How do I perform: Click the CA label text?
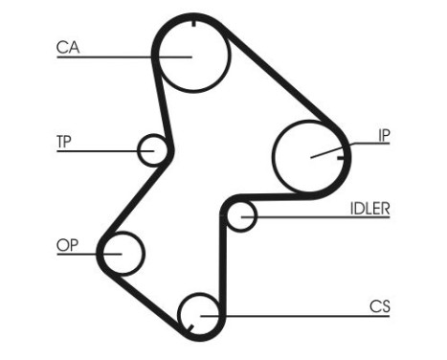click(68, 46)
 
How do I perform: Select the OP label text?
click(67, 245)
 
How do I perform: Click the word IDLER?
click(369, 206)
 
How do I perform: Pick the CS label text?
click(379, 306)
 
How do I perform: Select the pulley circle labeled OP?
click(123, 254)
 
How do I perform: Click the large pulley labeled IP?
click(308, 155)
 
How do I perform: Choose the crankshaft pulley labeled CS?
click(200, 310)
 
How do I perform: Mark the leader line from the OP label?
click(86, 254)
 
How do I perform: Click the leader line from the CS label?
click(306, 315)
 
